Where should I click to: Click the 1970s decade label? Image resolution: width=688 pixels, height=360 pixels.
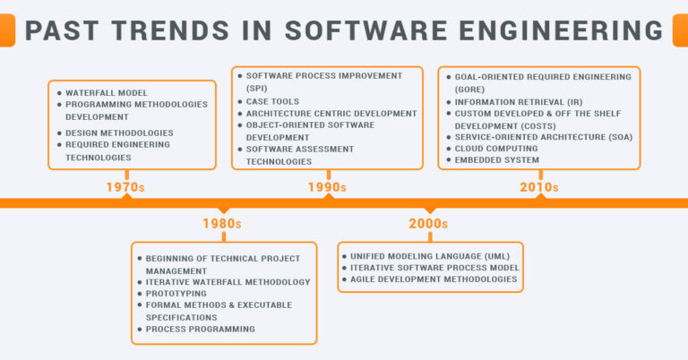(x=126, y=188)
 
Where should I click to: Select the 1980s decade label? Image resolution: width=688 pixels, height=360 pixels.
(x=222, y=223)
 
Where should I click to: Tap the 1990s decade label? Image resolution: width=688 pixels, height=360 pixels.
(x=327, y=188)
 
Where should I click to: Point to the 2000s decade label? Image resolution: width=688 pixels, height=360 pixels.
(x=430, y=223)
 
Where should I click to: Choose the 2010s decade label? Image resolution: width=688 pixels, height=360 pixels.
(x=538, y=188)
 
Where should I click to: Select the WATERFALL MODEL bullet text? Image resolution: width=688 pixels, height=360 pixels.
(x=106, y=92)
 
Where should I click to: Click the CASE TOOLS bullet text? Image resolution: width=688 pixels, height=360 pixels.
(x=275, y=101)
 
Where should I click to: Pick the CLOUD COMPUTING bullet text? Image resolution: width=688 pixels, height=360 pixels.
(x=496, y=148)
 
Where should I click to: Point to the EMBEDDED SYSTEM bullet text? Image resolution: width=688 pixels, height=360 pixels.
(x=496, y=160)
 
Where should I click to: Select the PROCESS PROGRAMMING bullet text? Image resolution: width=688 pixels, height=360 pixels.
(x=200, y=329)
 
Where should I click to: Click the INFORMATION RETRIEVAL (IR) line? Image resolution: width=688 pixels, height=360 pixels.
(x=505, y=101)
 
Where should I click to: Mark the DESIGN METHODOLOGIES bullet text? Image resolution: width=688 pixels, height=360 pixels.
(x=119, y=133)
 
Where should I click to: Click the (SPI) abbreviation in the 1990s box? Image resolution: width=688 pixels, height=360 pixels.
(x=257, y=89)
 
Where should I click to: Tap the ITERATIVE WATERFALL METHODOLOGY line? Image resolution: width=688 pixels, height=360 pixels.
(x=228, y=281)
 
